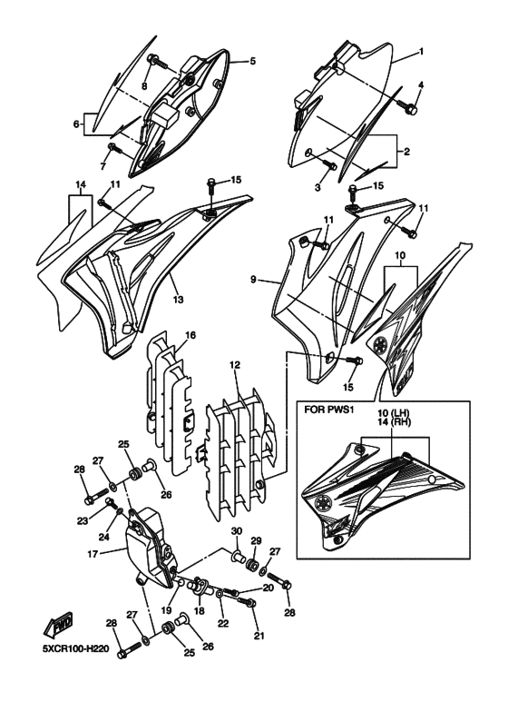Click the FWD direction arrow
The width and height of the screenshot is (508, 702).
(x=56, y=627)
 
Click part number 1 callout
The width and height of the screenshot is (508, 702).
(x=421, y=52)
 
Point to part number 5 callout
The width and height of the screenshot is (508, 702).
(x=253, y=62)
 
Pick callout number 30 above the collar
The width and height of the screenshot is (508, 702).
(x=237, y=531)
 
